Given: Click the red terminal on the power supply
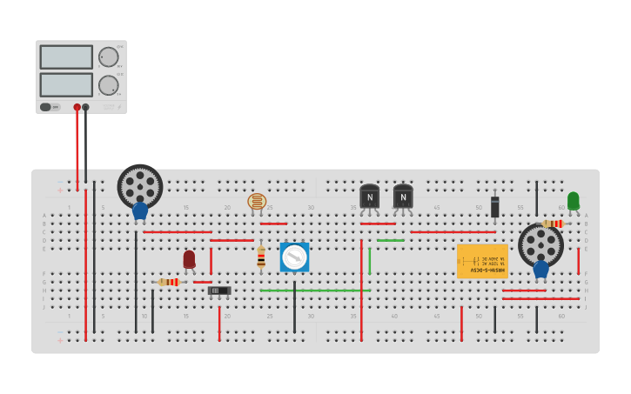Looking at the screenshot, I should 77,107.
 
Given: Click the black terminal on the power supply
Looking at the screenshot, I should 85,107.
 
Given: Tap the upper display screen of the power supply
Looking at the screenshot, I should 66,57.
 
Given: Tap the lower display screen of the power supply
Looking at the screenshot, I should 66,84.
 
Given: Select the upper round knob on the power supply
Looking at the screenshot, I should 108,57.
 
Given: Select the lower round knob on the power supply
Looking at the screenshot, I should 108,85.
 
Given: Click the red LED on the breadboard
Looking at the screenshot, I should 189,258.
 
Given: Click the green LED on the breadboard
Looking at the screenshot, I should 573,201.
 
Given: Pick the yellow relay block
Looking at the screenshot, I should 482,261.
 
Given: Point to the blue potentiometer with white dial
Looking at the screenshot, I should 294,257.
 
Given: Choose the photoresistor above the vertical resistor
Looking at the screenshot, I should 257,202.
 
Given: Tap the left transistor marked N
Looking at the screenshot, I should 369,197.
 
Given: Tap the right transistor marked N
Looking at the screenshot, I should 403,197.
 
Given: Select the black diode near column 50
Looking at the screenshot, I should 494,206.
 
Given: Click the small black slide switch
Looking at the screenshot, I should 219,290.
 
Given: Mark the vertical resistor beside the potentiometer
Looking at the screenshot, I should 260,257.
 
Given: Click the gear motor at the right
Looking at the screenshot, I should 540,245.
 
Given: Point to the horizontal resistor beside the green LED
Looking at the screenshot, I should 553,224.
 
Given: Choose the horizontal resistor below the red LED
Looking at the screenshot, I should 169,282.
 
